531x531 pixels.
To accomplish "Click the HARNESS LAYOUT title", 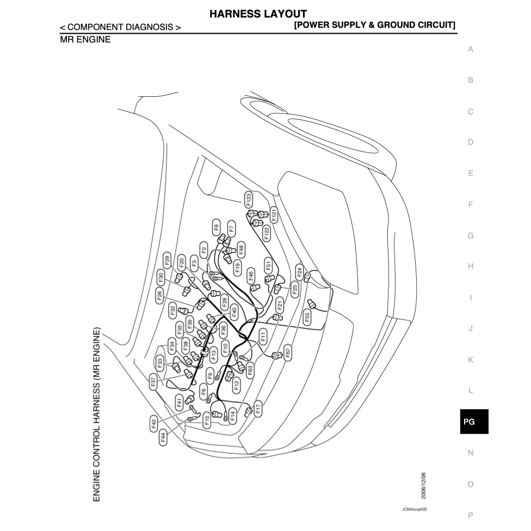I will [258, 14].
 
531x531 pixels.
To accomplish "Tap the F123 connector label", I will [249, 200].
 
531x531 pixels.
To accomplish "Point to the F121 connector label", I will [274, 214].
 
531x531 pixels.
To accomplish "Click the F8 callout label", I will [216, 227].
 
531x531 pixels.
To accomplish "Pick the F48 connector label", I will [242, 248].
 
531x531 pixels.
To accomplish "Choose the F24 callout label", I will [299, 271].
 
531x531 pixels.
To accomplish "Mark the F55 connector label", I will [307, 318].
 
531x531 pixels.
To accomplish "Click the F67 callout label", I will [288, 351].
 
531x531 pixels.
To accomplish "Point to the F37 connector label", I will [153, 382].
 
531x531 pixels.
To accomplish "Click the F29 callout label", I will [167, 260].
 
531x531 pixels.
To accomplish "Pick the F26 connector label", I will [159, 296].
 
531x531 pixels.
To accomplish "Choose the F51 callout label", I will [268, 265].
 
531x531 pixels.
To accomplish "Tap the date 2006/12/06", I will [424, 485].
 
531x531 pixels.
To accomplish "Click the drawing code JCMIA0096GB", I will [415, 510].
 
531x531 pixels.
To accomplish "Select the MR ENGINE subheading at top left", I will [85, 39].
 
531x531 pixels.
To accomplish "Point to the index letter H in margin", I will [471, 266].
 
